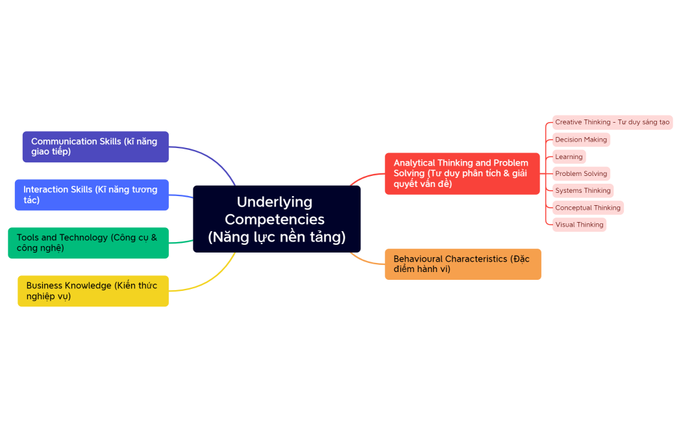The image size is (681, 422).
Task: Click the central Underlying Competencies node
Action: click(277, 219)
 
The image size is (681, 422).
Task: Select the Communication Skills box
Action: click(95, 147)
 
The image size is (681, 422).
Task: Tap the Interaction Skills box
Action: click(92, 195)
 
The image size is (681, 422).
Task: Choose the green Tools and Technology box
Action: click(88, 243)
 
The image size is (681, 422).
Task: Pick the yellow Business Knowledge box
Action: click(93, 291)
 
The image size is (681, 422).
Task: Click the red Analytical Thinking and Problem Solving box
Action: click(462, 173)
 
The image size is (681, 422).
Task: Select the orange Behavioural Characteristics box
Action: click(463, 264)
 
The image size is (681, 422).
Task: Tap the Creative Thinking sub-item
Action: click(612, 122)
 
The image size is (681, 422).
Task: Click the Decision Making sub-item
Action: click(581, 140)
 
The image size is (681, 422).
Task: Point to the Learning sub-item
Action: click(569, 156)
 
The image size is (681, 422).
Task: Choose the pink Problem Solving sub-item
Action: click(581, 173)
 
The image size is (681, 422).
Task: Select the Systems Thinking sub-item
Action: click(583, 191)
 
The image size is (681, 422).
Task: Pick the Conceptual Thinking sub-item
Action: click(588, 208)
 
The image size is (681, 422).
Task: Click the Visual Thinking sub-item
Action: click(579, 225)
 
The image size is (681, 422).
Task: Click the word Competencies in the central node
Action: click(275, 219)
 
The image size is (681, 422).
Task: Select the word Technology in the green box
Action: click(84, 238)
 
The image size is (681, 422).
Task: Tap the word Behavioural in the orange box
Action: click(417, 259)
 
